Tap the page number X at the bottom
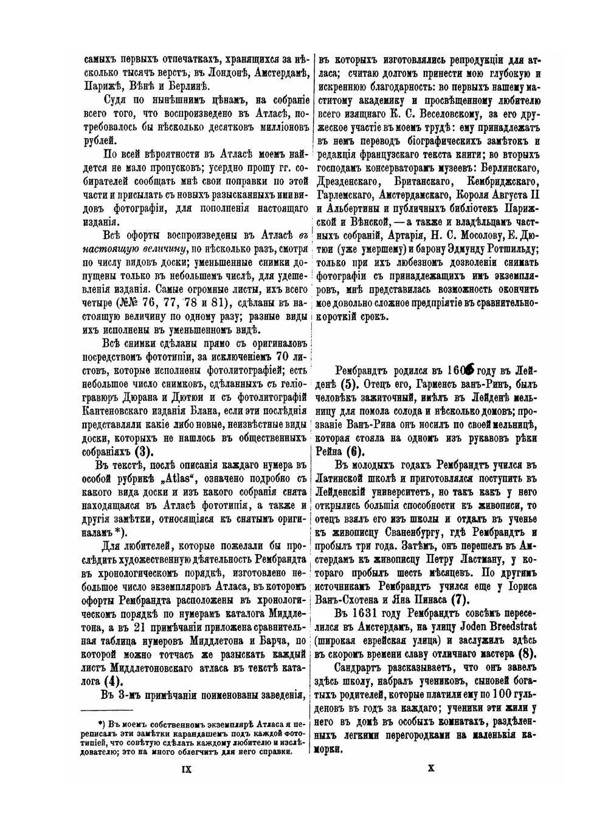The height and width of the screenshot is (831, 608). point(430,785)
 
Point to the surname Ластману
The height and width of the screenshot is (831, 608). point(477,559)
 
